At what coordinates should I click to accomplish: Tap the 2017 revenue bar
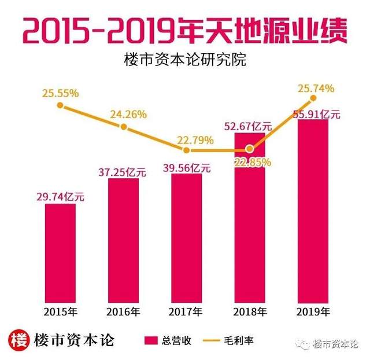pyautogui.click(x=186, y=237)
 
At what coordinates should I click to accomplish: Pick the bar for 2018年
pyautogui.click(x=249, y=217)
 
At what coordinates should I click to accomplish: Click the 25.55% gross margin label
pyautogui.click(x=60, y=92)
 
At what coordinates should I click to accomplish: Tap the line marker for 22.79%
pyautogui.click(x=186, y=150)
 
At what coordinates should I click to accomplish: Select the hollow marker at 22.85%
pyautogui.click(x=250, y=149)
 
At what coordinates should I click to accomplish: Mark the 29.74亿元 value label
pyautogui.click(x=60, y=197)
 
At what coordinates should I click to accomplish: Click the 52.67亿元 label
pyautogui.click(x=250, y=126)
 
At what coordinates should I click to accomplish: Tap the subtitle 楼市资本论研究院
pyautogui.click(x=184, y=60)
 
